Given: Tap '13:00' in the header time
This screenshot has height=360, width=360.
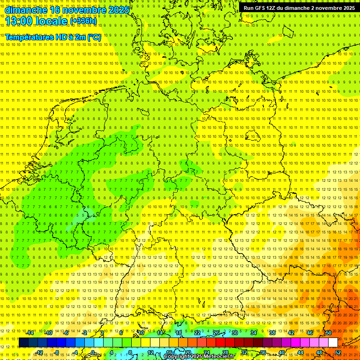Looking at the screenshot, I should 20,21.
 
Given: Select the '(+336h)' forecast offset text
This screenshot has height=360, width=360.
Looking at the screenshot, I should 83,21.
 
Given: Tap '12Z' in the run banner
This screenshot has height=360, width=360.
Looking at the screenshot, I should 274,8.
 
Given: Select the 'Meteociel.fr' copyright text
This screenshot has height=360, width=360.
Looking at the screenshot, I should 217,357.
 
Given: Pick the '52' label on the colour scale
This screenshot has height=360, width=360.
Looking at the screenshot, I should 337,352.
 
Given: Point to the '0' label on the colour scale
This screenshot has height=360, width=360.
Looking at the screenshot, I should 93,352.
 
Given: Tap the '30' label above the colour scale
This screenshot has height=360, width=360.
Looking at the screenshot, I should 234,333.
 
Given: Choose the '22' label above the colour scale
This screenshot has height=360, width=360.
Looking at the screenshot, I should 197,333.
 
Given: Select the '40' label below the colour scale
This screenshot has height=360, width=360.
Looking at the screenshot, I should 281,352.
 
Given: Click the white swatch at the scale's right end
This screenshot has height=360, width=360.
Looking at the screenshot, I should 333,343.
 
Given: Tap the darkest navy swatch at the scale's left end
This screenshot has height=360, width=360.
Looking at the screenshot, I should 23,343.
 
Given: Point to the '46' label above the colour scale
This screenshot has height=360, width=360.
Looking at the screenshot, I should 309,333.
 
